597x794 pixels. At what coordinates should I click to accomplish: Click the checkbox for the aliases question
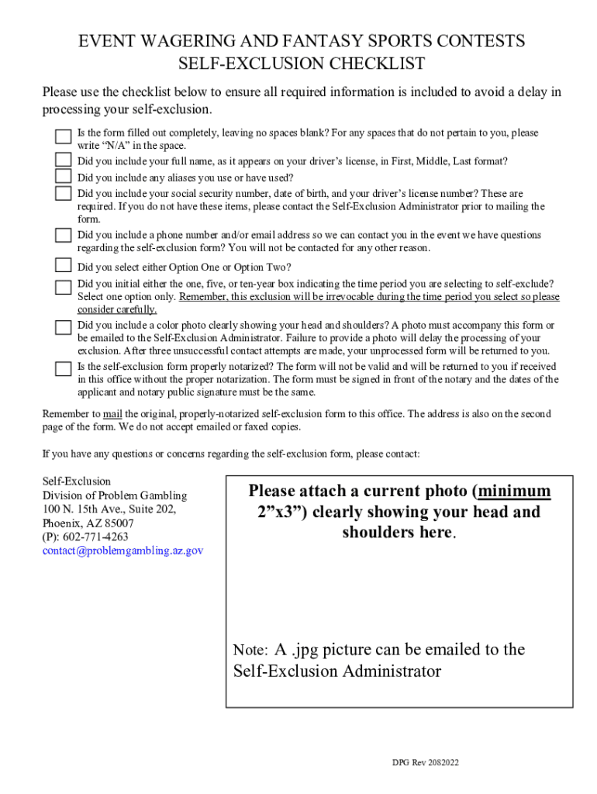pos(63,176)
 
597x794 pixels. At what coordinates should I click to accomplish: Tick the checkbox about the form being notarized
pos(63,368)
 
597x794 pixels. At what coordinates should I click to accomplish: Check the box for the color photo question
pos(63,327)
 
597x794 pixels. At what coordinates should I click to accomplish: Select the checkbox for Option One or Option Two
pos(63,267)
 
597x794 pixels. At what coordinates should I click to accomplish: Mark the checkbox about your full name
pos(63,160)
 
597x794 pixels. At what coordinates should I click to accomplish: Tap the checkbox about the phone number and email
pos(63,236)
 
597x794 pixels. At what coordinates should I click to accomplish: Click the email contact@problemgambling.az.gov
pos(123,551)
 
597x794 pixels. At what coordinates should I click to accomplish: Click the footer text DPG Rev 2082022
pos(425,763)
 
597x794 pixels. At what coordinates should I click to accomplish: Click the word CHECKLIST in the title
pos(368,64)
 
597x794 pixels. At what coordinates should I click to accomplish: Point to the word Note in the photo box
pos(250,650)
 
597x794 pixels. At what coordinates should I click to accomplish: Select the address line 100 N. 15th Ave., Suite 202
pos(109,509)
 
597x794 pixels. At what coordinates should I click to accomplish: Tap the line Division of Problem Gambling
pos(114,495)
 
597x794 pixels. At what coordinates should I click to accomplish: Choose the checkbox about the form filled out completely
pos(63,137)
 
